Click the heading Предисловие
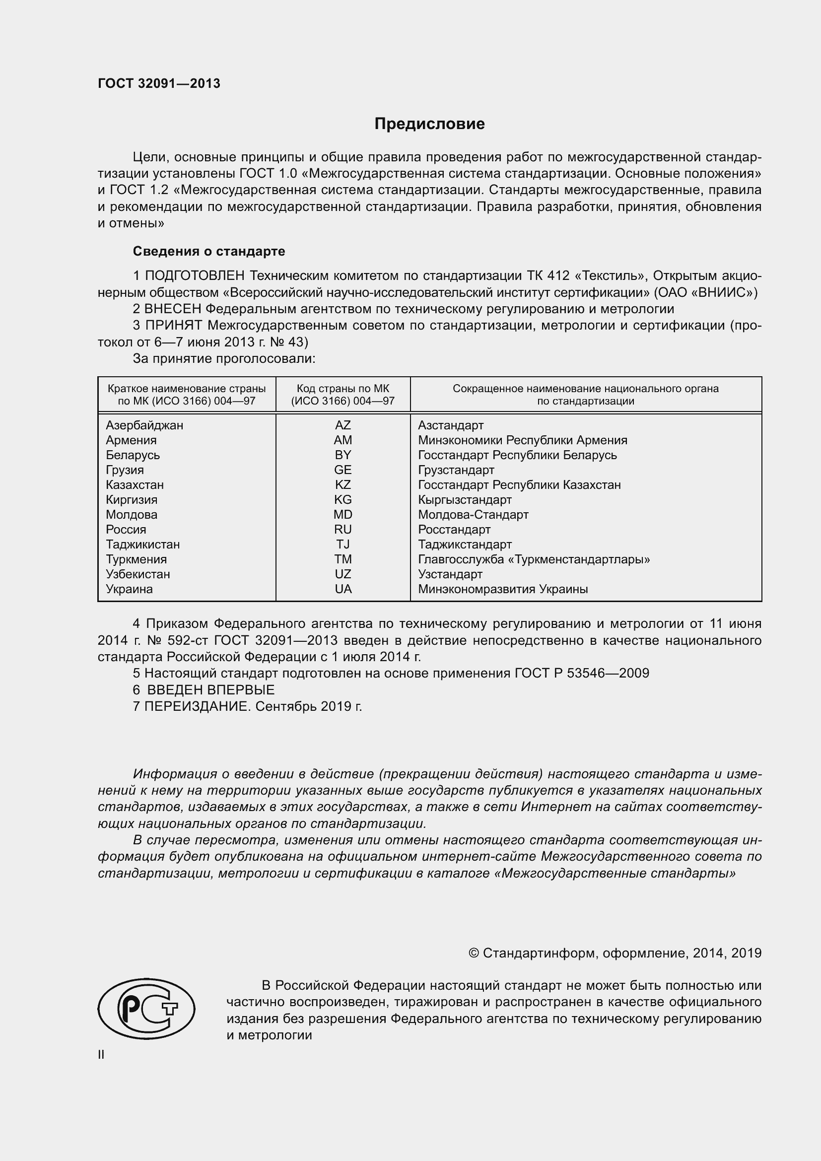(429, 124)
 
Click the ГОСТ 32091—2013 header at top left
(159, 84)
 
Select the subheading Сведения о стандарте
(209, 251)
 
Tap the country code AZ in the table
(343, 425)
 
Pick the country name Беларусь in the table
(133, 455)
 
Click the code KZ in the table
(343, 485)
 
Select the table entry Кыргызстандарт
(465, 500)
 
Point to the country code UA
(343, 589)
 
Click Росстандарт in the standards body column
(454, 530)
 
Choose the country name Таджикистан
(142, 545)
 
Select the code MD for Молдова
(343, 515)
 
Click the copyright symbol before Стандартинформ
(474, 953)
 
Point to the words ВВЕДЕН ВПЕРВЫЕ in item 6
(211, 690)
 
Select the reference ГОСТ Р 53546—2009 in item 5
(581, 674)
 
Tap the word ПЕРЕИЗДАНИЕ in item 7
(198, 706)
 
